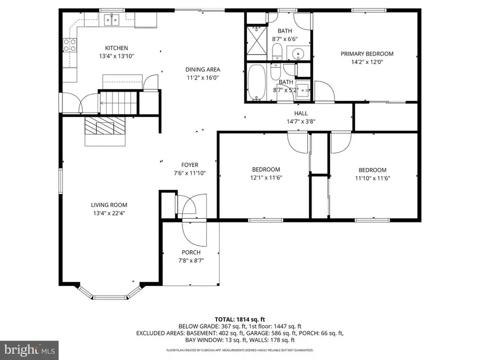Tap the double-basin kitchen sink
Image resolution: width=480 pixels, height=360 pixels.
pos(112,20)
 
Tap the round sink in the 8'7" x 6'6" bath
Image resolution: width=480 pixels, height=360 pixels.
pos(297,53)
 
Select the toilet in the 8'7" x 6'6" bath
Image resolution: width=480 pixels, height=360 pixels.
pos(277,52)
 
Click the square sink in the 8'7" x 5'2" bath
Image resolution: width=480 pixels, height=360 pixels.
pos(303,90)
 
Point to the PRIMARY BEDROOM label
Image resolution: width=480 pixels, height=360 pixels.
pos(367,54)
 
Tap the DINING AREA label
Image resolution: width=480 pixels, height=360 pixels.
pos(203,69)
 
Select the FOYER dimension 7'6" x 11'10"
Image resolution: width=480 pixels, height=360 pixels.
pos(189,173)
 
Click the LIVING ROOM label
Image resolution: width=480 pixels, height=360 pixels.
pos(109,205)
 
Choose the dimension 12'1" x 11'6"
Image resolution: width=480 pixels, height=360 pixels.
pos(266,178)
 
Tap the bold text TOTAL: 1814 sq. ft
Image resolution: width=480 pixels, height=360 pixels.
pos(239,318)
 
